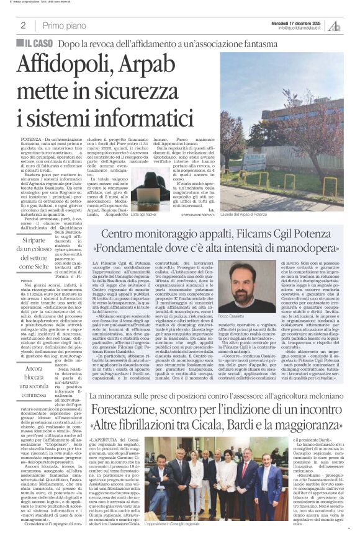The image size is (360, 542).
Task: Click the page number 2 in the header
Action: coord(23,25)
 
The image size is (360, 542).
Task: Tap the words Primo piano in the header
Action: coord(62,25)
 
